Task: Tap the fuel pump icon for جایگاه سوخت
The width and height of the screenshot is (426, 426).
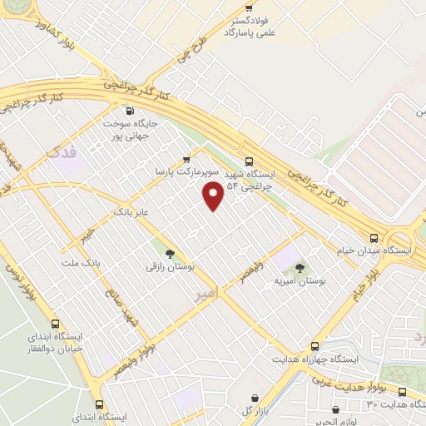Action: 128,111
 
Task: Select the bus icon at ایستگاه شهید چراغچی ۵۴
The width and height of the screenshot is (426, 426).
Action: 248,161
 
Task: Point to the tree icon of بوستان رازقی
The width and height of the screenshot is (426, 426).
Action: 170,254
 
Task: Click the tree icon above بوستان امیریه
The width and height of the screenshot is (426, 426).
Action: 300,268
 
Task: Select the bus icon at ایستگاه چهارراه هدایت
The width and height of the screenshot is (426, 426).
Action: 315,345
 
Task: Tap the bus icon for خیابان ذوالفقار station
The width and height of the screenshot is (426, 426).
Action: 55,324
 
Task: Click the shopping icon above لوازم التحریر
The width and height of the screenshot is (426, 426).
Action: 335,409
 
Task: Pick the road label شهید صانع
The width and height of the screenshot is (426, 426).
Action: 120,307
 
